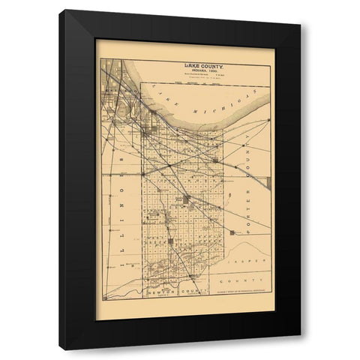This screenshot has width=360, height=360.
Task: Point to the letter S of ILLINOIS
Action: [120, 160]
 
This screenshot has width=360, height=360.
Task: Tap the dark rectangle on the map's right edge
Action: [268, 181]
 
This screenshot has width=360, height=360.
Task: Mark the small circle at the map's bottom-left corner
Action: [105, 298]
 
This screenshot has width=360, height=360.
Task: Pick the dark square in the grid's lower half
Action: [170, 241]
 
